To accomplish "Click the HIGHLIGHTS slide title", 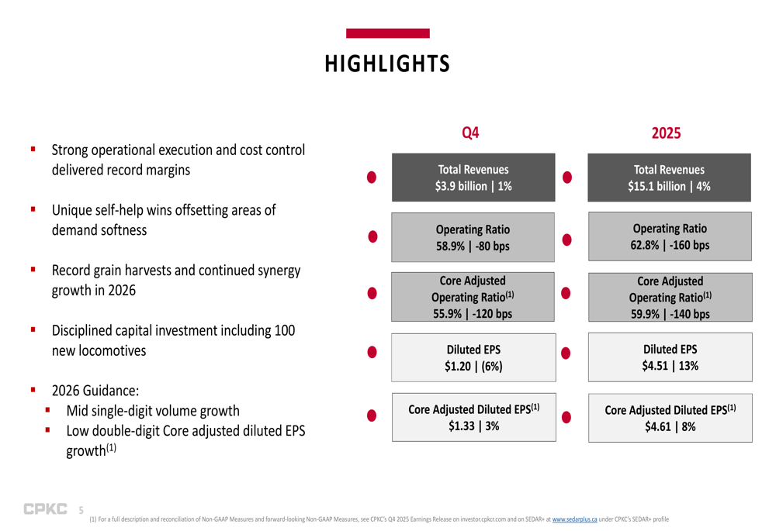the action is click(387, 64).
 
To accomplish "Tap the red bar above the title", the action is click(387, 33).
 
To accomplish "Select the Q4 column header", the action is click(470, 133).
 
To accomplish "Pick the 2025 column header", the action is click(666, 133).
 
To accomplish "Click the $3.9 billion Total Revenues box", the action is click(473, 178).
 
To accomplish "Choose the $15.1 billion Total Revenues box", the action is click(669, 178).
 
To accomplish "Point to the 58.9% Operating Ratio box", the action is click(473, 237).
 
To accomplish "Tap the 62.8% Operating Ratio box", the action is click(670, 236).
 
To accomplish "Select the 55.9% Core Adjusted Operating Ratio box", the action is click(473, 297).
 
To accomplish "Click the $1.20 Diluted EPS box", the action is click(473, 357).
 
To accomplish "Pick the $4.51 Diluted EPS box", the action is click(670, 357).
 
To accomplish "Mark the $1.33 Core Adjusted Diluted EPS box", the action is click(473, 417).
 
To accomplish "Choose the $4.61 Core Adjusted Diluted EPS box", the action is click(670, 418).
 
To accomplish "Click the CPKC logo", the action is click(45, 509).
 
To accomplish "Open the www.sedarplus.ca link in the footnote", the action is click(574, 519).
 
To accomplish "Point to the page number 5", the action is click(81, 510).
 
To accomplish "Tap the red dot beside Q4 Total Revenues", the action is click(372, 177).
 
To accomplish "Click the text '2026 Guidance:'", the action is click(95, 391).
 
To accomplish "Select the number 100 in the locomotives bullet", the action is click(285, 330).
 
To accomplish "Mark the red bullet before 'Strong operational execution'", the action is click(33, 149).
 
